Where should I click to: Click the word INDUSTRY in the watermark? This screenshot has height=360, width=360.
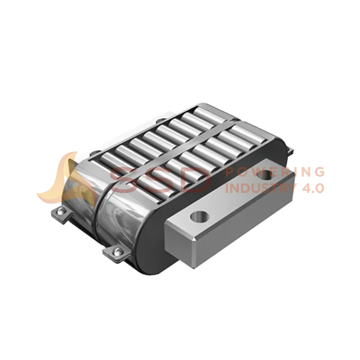coord(260,188)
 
